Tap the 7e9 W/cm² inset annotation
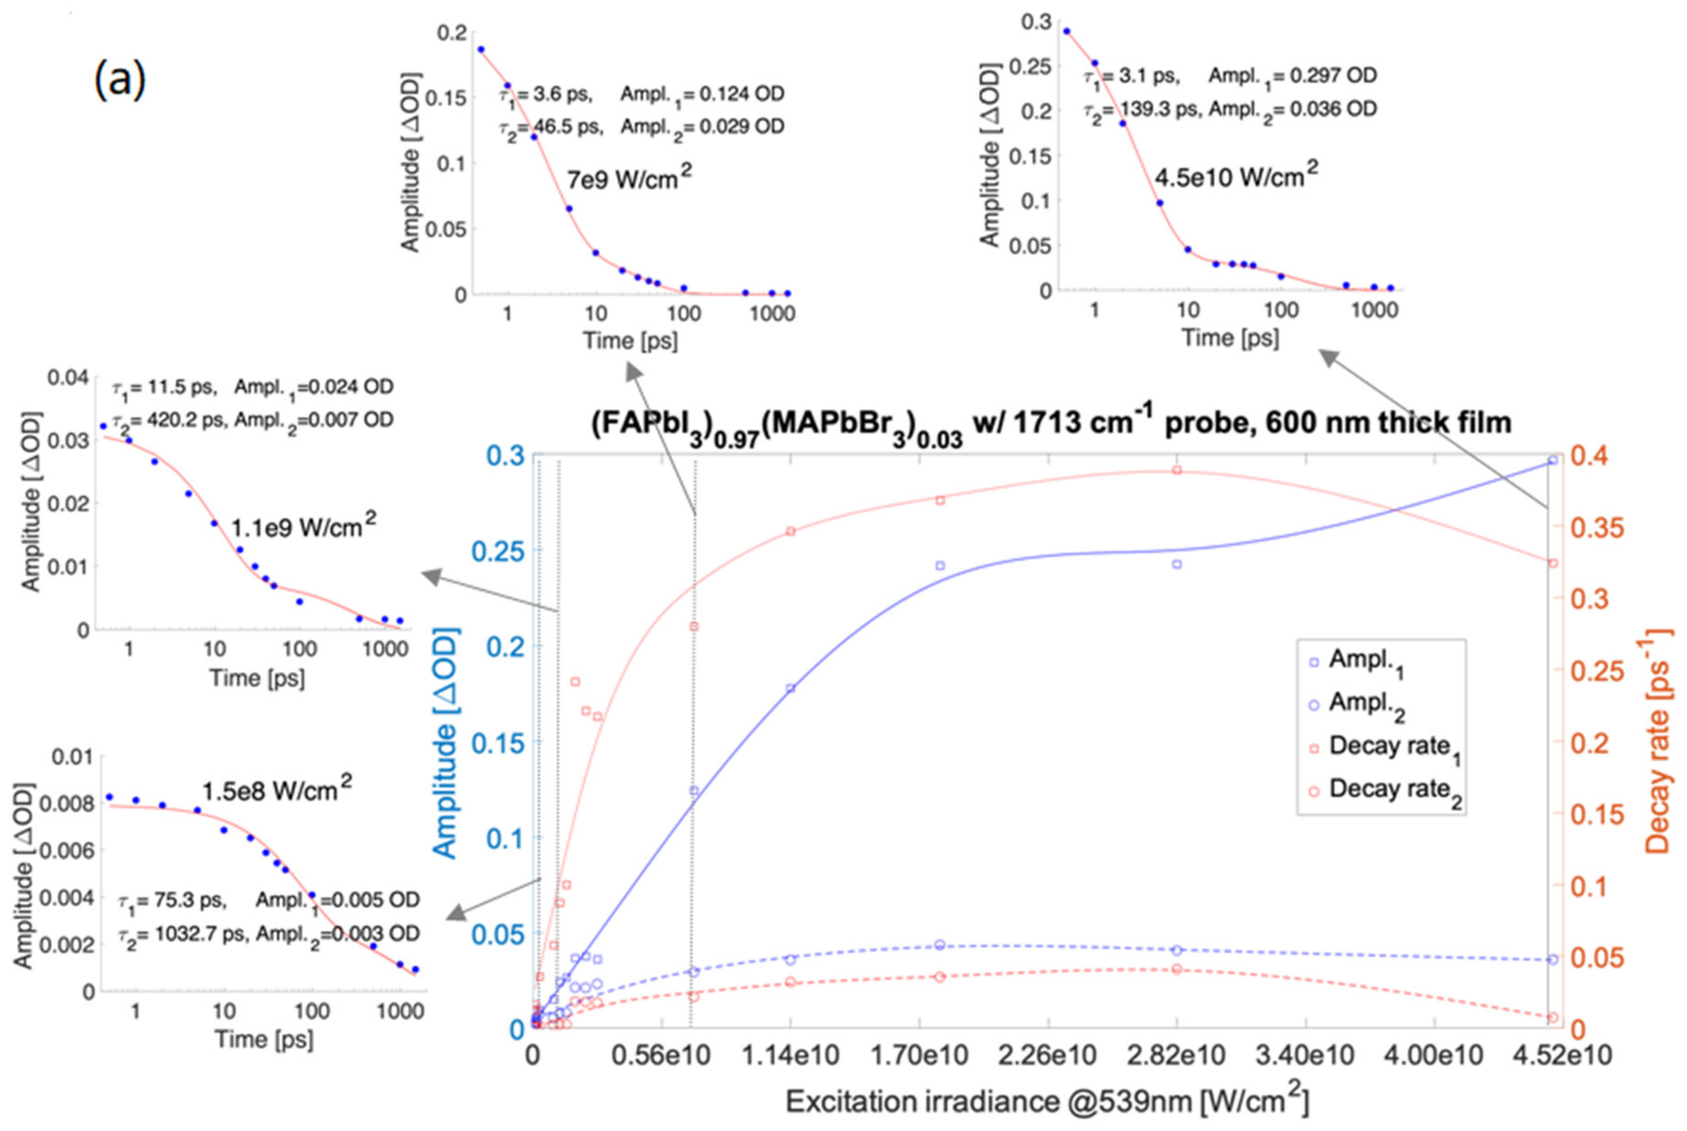(629, 177)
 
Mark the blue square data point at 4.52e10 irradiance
(1553, 460)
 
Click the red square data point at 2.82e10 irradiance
(1177, 470)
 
